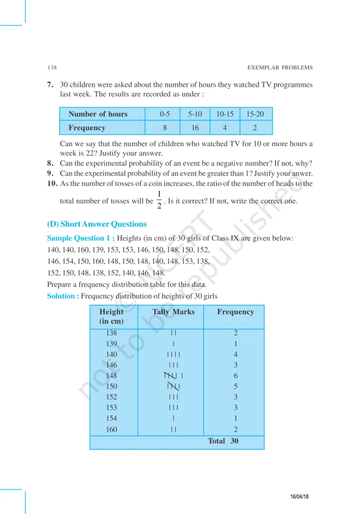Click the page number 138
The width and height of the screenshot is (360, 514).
tap(51, 67)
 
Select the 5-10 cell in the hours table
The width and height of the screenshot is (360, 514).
tap(195, 114)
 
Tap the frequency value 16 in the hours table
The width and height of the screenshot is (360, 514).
tap(195, 128)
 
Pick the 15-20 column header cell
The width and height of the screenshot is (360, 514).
tap(255, 114)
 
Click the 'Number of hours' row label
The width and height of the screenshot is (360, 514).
tap(98, 114)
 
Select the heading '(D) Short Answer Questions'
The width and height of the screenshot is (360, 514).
tap(96, 224)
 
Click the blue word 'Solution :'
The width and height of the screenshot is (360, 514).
tap(63, 296)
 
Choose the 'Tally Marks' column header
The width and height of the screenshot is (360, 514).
tap(173, 312)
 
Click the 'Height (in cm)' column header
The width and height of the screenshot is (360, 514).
tap(111, 316)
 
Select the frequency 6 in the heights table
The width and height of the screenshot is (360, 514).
tap(235, 375)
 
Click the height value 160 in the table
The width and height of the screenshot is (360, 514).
tap(111, 429)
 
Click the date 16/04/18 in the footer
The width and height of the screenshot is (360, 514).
tap(299, 496)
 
